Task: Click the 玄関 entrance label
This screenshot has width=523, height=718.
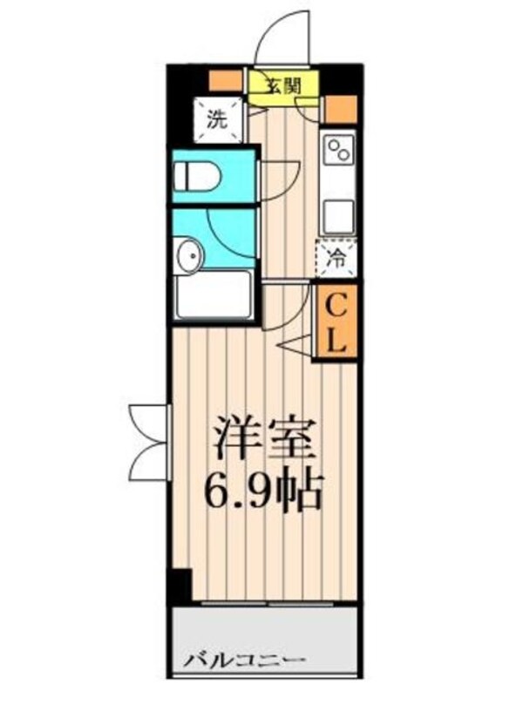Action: click(282, 85)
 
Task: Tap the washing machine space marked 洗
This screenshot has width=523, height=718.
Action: click(214, 120)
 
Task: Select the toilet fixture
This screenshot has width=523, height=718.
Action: click(195, 178)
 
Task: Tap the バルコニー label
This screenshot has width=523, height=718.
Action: click(244, 660)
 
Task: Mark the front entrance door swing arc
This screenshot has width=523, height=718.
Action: click(281, 37)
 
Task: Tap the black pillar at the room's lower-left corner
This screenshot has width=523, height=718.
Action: click(180, 586)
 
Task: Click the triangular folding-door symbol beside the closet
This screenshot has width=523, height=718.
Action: click(299, 343)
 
